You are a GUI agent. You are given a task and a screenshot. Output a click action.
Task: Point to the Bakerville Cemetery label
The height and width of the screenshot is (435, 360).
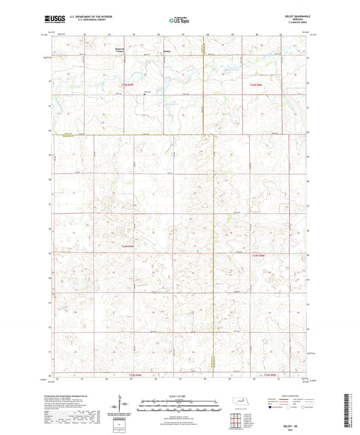click(121, 50)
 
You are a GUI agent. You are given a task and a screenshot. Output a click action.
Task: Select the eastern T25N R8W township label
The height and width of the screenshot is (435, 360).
click(255, 84)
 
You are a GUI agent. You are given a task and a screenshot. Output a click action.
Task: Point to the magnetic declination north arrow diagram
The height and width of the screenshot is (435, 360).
click(120, 403)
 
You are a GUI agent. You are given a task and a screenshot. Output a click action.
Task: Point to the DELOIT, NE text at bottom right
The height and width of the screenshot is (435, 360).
click(286, 426)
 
